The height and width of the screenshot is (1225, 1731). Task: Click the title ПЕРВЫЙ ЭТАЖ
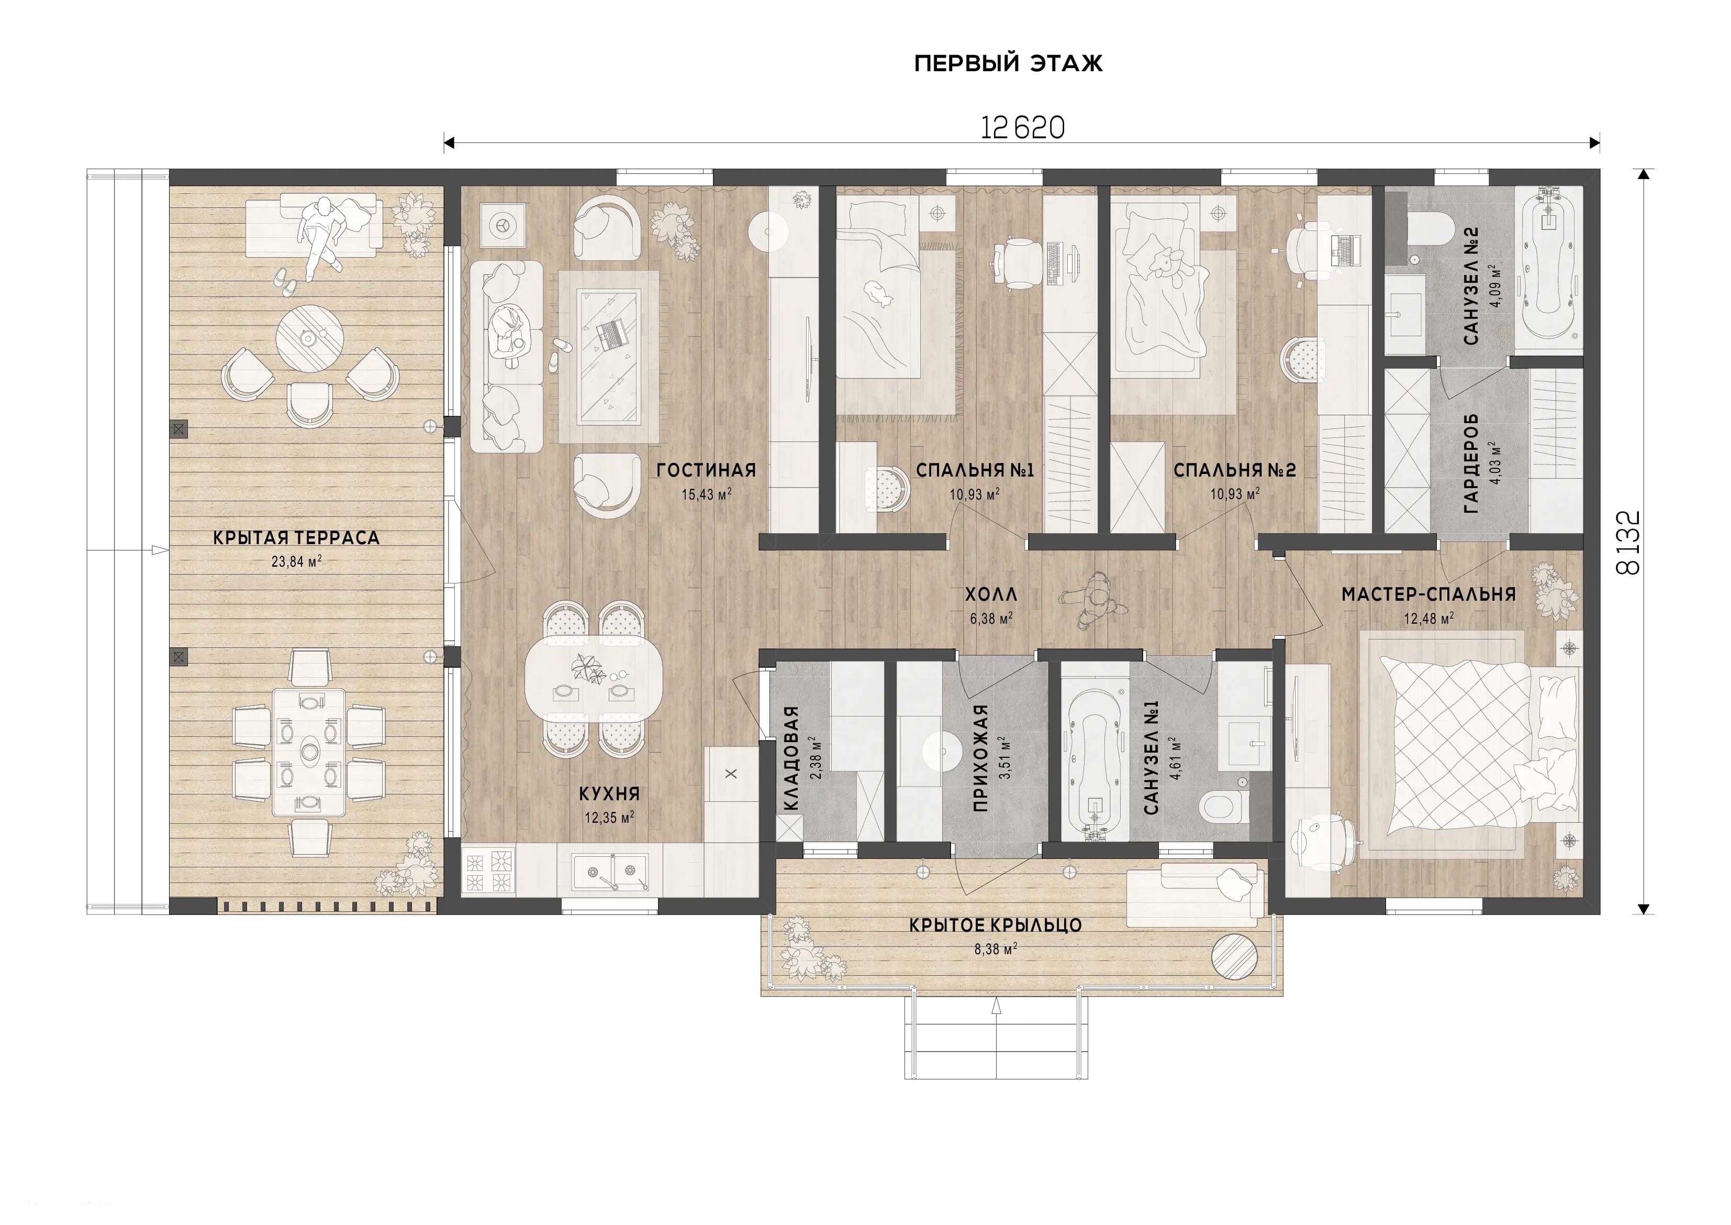tap(1008, 63)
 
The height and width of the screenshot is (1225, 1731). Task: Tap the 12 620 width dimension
tap(1022, 127)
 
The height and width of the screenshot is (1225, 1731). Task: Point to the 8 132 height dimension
tap(1628, 543)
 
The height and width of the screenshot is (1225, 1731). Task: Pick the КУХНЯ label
tap(609, 793)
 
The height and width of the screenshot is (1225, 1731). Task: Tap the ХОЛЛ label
tap(991, 594)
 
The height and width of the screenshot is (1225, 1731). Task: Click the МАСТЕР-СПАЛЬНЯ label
tap(1428, 594)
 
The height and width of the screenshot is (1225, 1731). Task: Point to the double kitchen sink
tap(609, 873)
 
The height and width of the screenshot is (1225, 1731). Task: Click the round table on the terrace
tap(310, 339)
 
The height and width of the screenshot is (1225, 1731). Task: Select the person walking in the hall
tap(1093, 600)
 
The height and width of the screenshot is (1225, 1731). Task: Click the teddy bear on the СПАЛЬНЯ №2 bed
tap(1165, 264)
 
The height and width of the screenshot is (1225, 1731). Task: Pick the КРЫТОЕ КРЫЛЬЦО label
tap(995, 925)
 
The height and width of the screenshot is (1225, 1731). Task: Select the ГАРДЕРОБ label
tap(1471, 463)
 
